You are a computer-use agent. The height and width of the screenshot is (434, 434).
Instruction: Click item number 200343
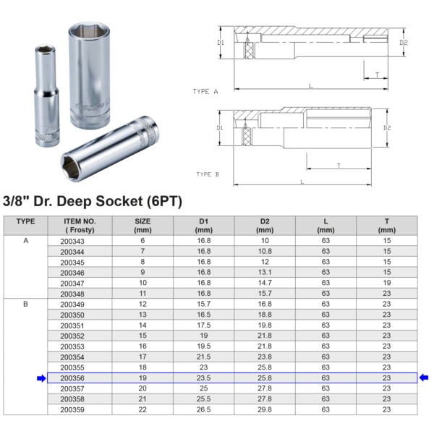(72, 241)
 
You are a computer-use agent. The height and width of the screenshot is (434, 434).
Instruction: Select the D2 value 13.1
(265, 273)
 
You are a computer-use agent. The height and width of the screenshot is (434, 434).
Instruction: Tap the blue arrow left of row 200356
(41, 378)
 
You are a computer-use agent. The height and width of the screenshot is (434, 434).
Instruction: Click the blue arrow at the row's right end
(424, 378)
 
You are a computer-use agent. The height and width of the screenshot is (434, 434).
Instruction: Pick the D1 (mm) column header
(204, 226)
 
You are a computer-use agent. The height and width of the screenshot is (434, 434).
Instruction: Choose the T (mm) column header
(387, 226)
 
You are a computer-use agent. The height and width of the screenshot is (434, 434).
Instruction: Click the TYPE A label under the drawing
(205, 91)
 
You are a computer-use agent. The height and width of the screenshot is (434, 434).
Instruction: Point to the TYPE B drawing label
(208, 174)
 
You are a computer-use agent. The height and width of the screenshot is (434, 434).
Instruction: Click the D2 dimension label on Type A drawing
(404, 43)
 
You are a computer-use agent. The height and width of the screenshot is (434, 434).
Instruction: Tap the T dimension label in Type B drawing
(339, 166)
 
